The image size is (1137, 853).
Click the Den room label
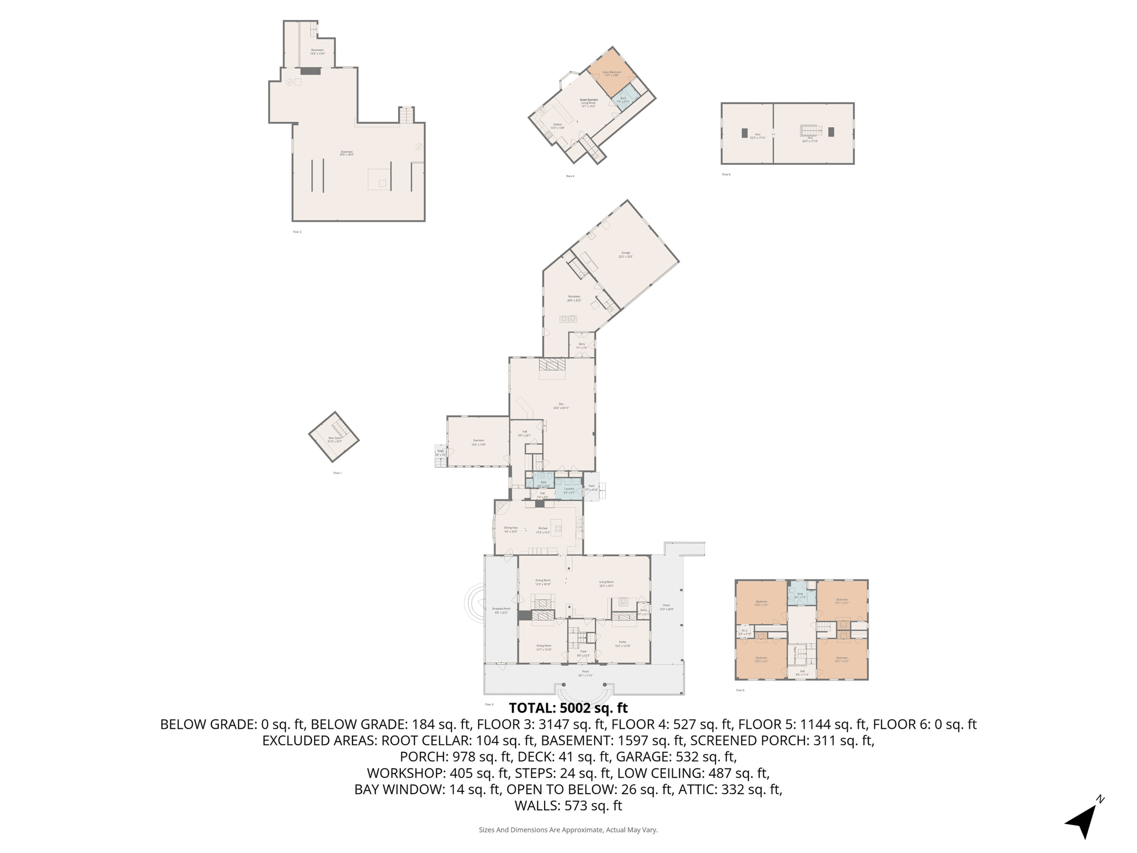pyautogui.click(x=561, y=406)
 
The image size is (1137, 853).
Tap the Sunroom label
pyautogui.click(x=478, y=442)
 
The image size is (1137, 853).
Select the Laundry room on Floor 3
pyautogui.click(x=569, y=490)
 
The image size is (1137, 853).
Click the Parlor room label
pyautogui.click(x=622, y=644)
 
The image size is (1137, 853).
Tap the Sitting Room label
pyautogui.click(x=544, y=647)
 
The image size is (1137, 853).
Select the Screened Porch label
pyautogui.click(x=501, y=610)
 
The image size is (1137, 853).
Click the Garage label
pyautogui.click(x=626, y=254)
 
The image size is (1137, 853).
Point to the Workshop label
pyautogui.click(x=573, y=298)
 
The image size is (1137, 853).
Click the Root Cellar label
pyautogui.click(x=335, y=439)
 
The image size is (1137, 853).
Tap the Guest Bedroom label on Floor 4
pyautogui.click(x=611, y=73)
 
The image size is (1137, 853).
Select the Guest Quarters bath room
pyautogui.click(x=624, y=100)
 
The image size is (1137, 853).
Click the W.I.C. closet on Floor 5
pyautogui.click(x=744, y=632)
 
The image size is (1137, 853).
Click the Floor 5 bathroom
pyautogui.click(x=800, y=595)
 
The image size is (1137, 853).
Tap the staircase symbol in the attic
pyautogui.click(x=811, y=131)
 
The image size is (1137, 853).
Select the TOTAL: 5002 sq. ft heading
pyautogui.click(x=568, y=708)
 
